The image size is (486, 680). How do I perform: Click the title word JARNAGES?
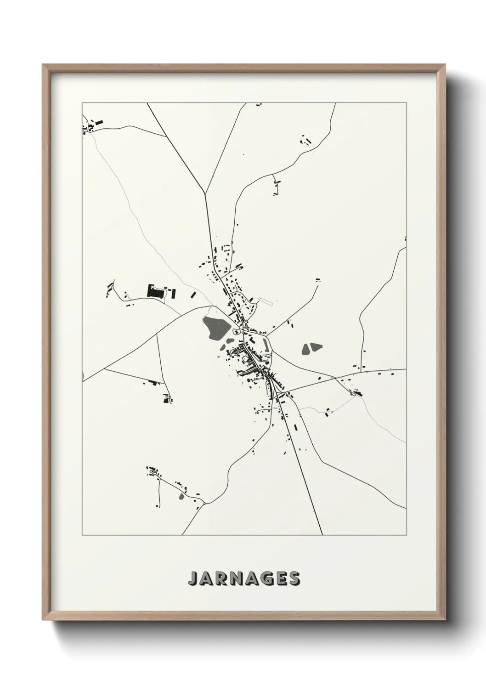coord(243,579)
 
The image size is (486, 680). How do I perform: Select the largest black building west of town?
coord(155,291)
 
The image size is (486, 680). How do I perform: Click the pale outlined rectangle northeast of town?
coord(266,302)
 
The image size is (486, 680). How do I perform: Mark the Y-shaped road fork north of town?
coord(205,193)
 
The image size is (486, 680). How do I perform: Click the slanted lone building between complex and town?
coord(193,294)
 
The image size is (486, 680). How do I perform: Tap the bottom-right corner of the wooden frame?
coord(444,618)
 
